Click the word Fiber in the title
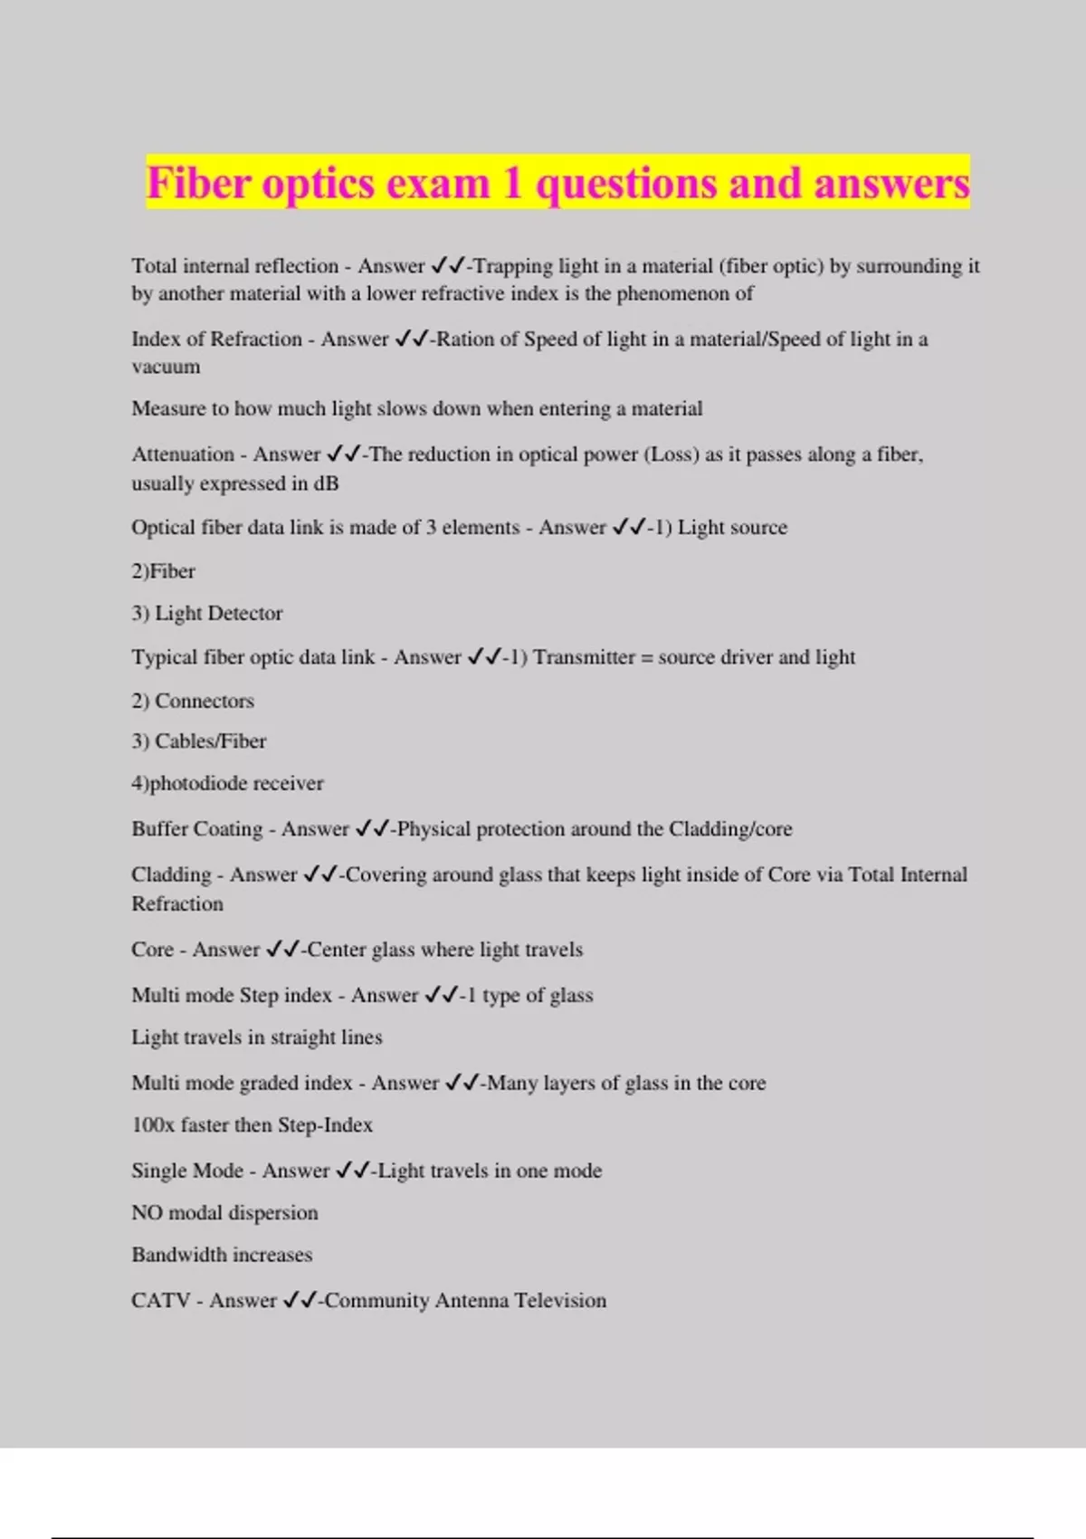(199, 183)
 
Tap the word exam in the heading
(439, 183)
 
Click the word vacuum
(166, 367)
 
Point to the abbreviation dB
(326, 483)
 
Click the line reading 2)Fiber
(163, 571)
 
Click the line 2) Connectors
(193, 701)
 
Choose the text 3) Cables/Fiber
(199, 741)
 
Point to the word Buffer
(159, 829)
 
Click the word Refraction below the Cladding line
(177, 903)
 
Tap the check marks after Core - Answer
(282, 950)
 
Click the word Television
(560, 1301)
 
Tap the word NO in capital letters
(146, 1213)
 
